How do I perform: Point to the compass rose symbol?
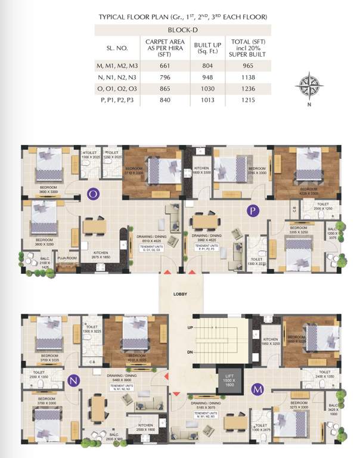click(x=309, y=83)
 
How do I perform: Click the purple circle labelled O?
click(x=93, y=193)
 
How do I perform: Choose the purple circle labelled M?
click(x=258, y=389)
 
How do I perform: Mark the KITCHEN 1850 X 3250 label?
click(x=271, y=341)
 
